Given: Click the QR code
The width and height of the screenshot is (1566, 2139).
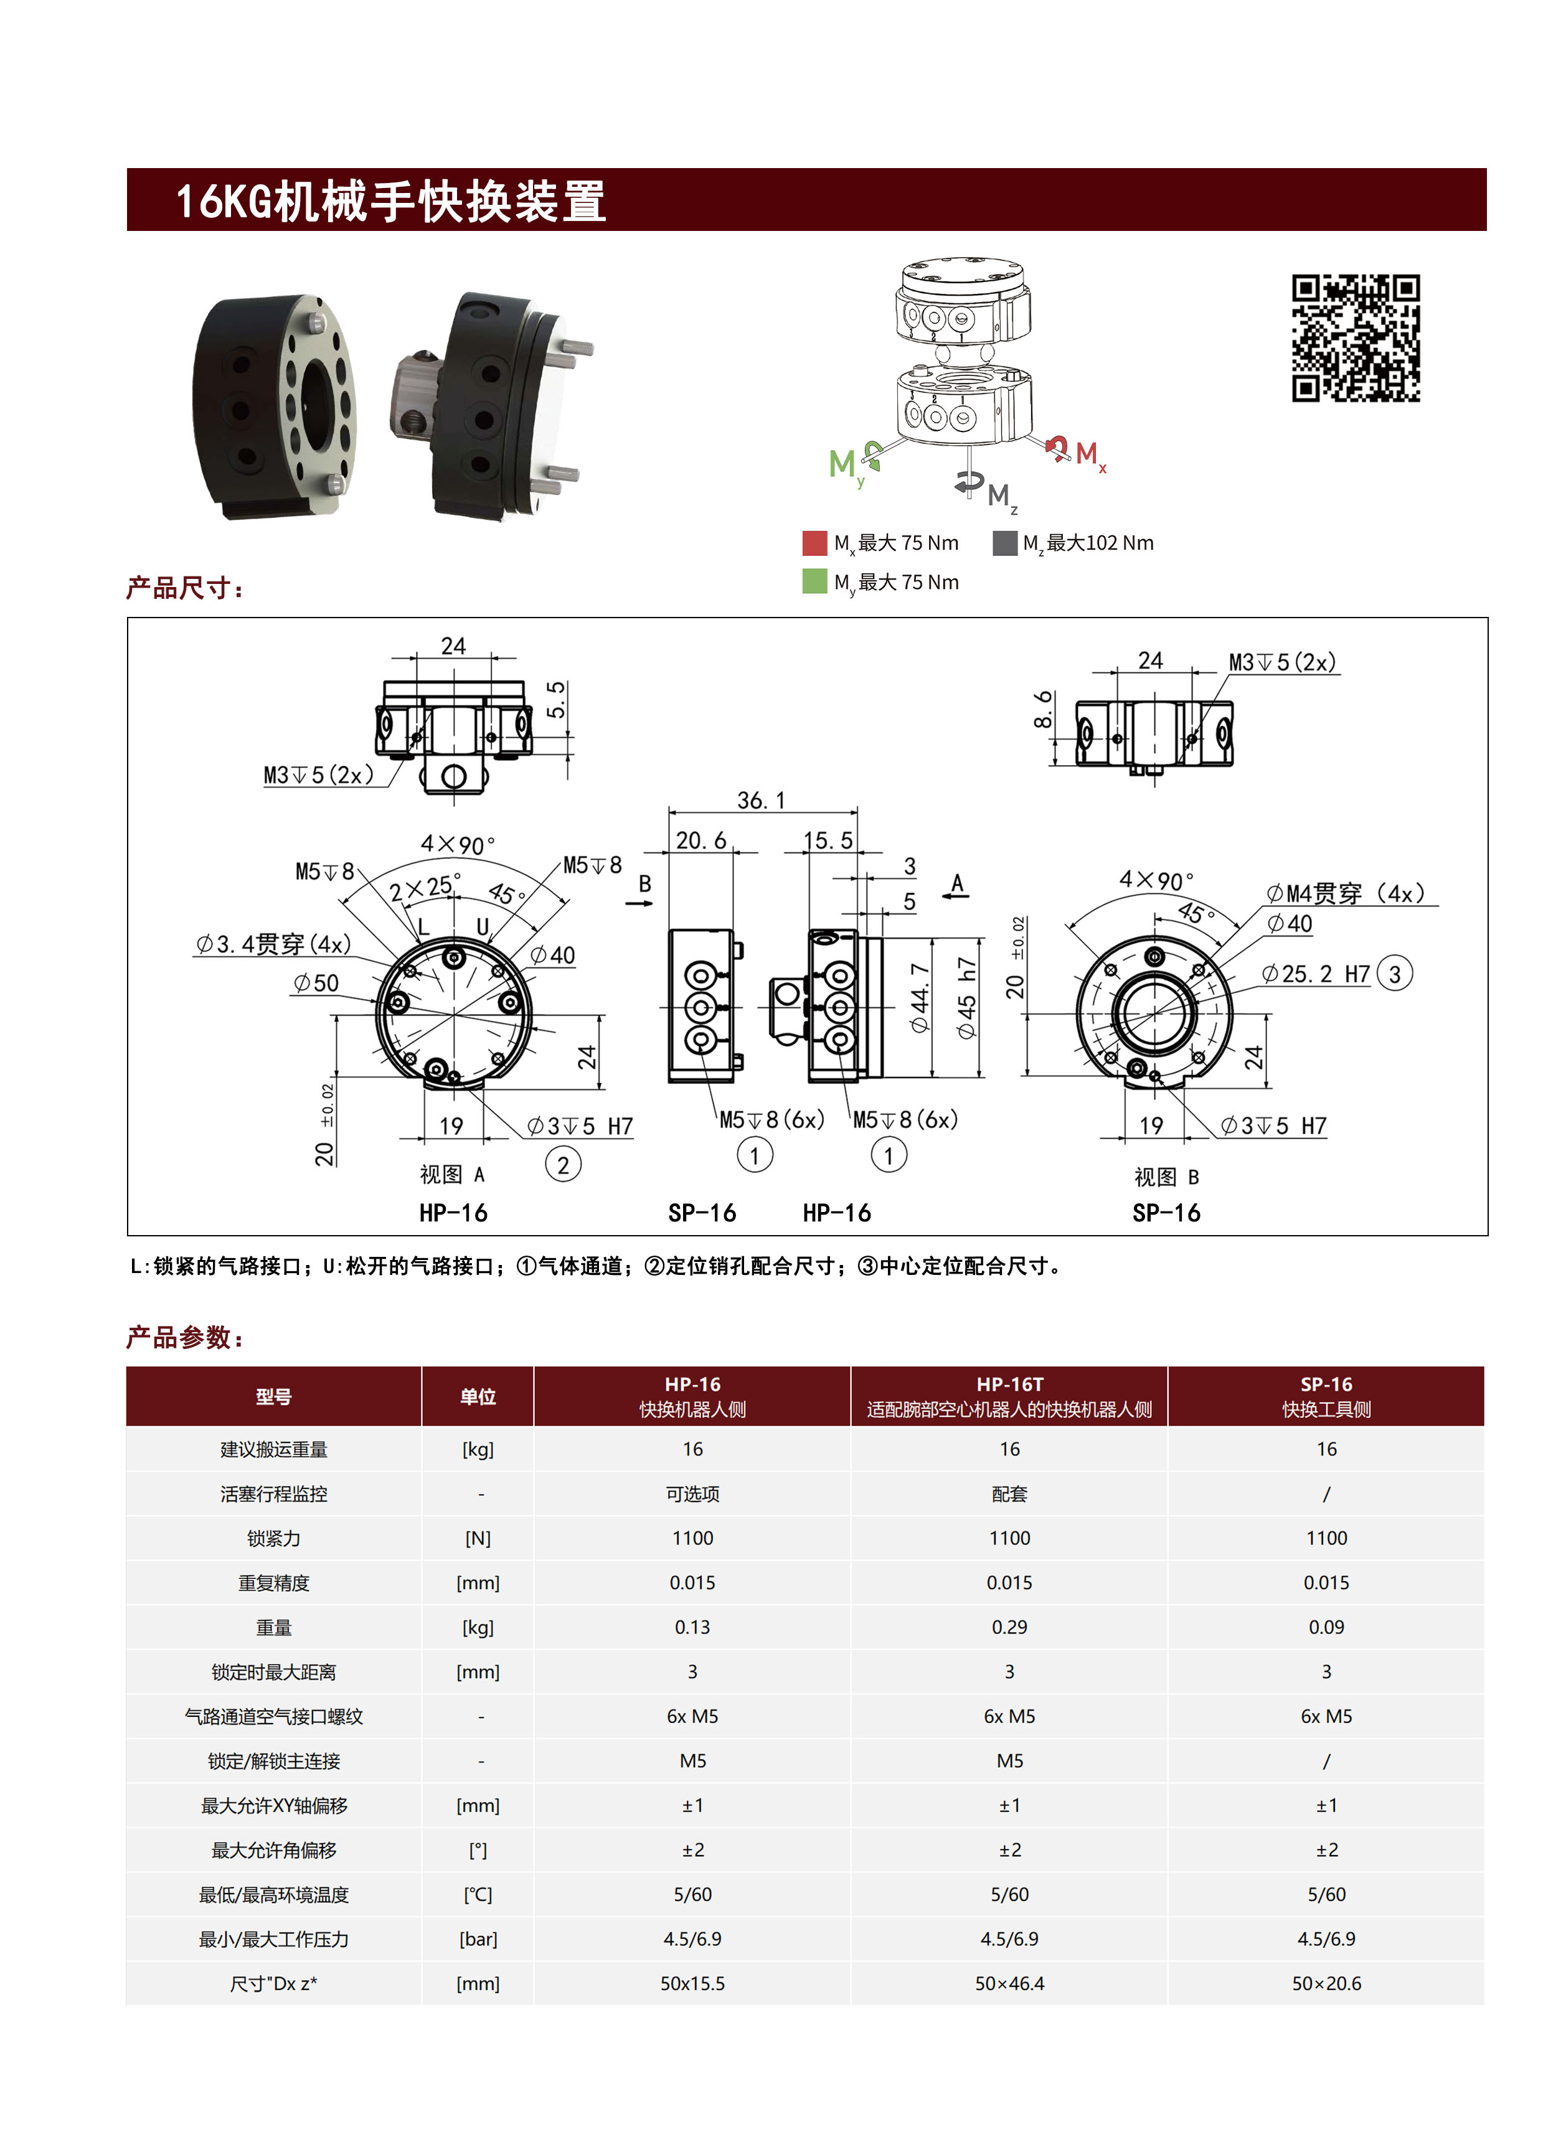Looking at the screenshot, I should [x=1355, y=338].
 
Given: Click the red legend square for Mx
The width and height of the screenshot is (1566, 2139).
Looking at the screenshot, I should [x=814, y=543].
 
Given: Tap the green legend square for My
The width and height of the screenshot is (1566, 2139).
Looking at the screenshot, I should [x=814, y=581].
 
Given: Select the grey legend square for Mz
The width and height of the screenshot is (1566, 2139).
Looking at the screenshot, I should [x=1004, y=543].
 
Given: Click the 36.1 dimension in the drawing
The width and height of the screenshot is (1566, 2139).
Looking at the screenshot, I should [x=761, y=801].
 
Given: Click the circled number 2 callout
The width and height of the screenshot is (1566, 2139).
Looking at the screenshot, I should [x=563, y=1165].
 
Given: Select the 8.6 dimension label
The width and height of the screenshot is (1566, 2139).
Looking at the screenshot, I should [x=1044, y=710].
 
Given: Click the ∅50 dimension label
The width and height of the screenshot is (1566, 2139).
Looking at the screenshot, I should [x=316, y=984].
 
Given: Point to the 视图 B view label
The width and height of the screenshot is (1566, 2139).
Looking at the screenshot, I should [x=1166, y=1177].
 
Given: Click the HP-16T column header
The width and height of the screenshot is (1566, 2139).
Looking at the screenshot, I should [x=1009, y=1396].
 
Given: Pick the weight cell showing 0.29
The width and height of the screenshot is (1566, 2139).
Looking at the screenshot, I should [x=1009, y=1627].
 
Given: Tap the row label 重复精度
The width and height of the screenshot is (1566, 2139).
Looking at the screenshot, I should [x=274, y=1582].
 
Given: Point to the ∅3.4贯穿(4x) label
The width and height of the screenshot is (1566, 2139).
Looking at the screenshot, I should [x=273, y=944].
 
